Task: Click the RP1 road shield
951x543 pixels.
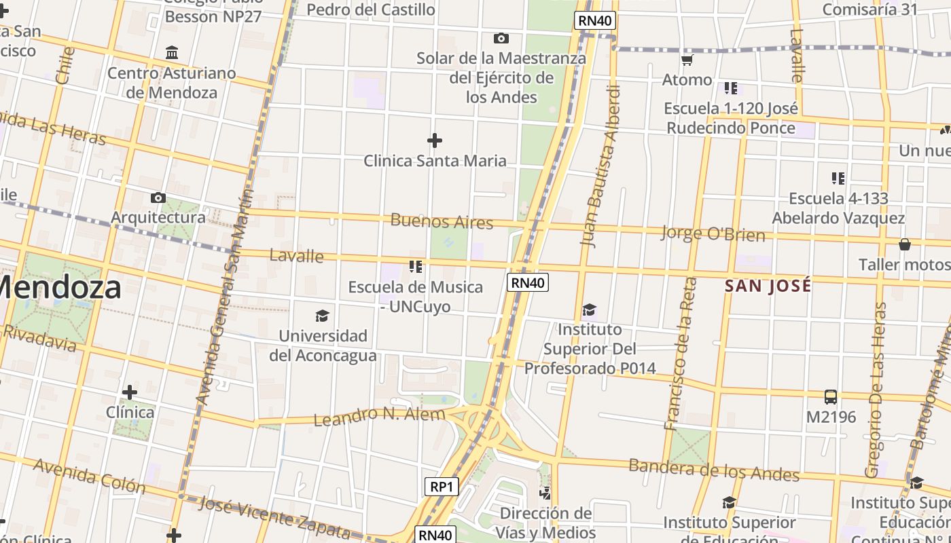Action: point(442,487)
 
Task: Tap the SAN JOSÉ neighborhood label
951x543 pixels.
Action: point(768,286)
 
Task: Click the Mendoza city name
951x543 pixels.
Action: point(61,287)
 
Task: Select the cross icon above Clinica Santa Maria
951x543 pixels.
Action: point(435,141)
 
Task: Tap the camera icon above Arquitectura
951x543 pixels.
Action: point(158,198)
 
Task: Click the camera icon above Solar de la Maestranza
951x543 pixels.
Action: point(501,39)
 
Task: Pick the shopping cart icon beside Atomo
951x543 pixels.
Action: point(687,60)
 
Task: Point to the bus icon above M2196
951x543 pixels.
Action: point(830,397)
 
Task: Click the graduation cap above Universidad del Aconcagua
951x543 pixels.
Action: point(322,316)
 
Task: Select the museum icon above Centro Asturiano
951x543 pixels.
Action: point(172,53)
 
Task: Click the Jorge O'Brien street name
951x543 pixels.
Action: point(713,234)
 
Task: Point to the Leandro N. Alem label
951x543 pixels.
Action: point(379,415)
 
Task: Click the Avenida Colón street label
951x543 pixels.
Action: point(89,475)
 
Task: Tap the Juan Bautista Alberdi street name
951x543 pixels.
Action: point(600,166)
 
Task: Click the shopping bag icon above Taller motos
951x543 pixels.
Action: point(904,244)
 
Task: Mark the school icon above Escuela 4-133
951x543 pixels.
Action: point(838,179)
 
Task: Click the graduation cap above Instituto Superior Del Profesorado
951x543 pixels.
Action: point(589,310)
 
